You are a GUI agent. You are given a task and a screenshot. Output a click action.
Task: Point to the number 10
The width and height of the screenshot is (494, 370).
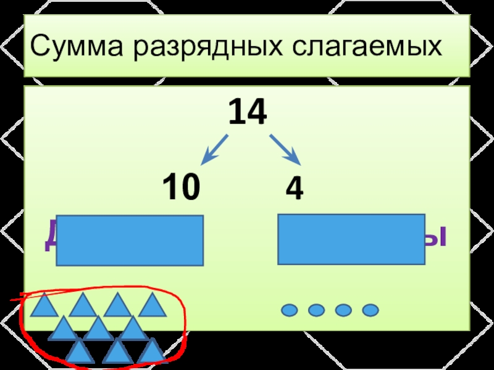click(x=181, y=187)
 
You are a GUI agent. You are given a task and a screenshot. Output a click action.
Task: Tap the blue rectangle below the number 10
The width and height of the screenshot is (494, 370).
click(x=130, y=240)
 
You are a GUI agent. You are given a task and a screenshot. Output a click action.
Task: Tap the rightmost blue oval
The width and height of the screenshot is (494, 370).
click(x=370, y=310)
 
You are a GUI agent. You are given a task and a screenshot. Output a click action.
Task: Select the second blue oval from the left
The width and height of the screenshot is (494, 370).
click(x=316, y=310)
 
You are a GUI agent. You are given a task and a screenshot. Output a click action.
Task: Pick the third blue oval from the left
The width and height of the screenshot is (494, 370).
click(x=343, y=310)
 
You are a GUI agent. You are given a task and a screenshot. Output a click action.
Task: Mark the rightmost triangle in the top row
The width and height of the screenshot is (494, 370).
click(x=152, y=306)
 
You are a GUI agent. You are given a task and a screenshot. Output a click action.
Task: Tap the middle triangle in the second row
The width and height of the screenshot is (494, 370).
click(x=97, y=329)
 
